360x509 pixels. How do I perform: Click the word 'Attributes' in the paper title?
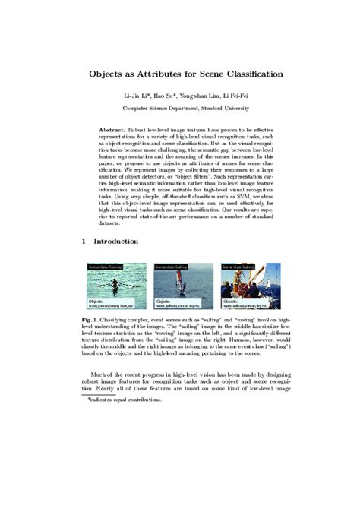(x=162, y=74)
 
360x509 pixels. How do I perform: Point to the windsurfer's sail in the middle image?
(x=180, y=277)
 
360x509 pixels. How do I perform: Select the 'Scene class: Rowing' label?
(x=105, y=267)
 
